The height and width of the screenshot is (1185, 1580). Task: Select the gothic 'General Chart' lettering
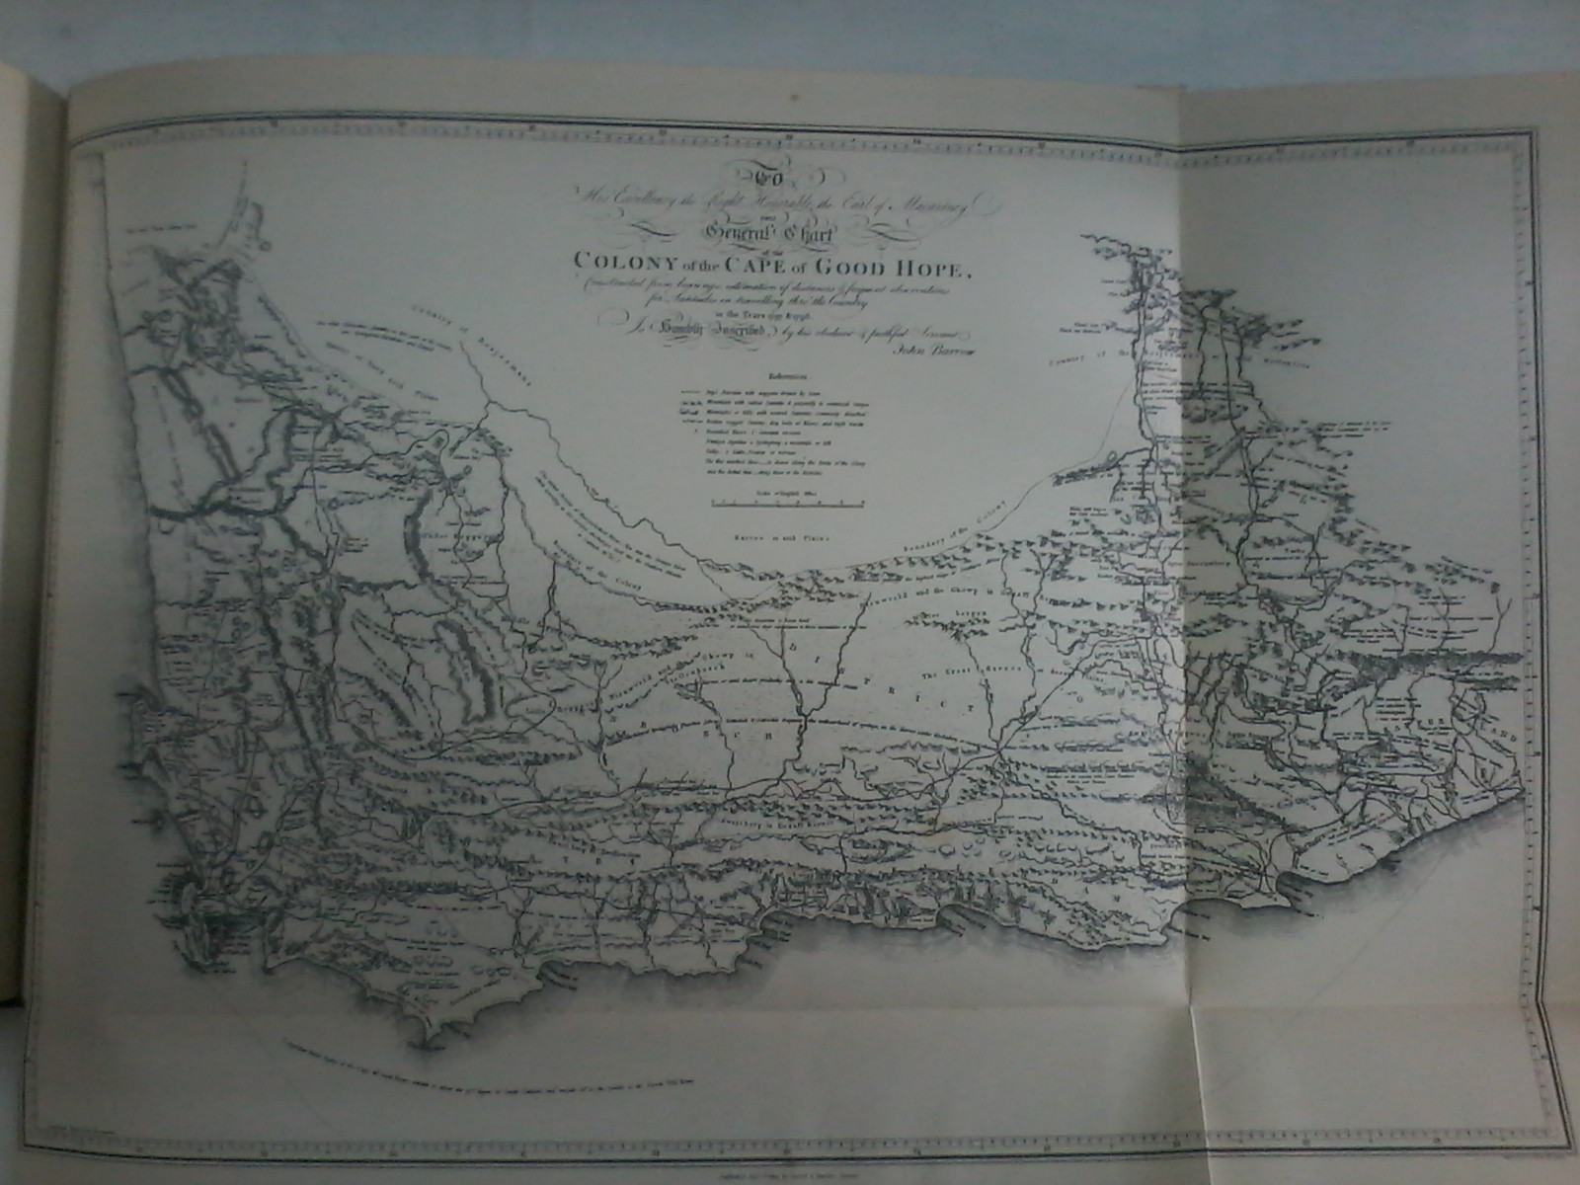[x=789, y=233]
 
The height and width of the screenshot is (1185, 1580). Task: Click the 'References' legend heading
[x=786, y=375]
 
